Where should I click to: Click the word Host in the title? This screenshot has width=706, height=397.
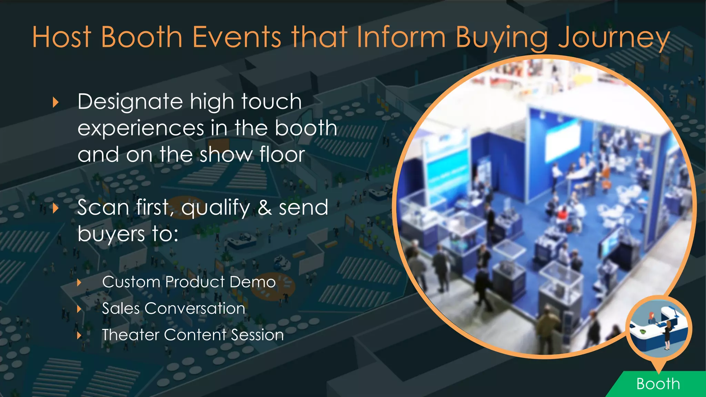click(x=62, y=37)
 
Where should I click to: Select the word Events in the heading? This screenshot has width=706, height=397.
click(x=237, y=37)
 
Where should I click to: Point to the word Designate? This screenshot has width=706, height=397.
click(x=130, y=102)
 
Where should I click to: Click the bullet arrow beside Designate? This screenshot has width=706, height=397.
click(x=56, y=102)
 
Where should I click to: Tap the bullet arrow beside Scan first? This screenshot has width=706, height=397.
click(x=56, y=208)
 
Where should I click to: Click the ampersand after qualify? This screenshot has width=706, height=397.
click(x=265, y=208)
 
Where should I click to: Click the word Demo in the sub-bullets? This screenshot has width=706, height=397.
click(x=253, y=282)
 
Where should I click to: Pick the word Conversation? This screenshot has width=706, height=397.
click(x=195, y=308)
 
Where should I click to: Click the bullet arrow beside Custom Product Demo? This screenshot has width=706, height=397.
click(x=79, y=283)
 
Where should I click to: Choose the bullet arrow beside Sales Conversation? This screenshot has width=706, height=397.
click(x=79, y=309)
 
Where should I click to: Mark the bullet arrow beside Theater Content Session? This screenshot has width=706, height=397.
click(x=79, y=335)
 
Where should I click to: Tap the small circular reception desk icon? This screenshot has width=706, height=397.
click(x=659, y=329)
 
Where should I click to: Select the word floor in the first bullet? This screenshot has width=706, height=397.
click(x=282, y=155)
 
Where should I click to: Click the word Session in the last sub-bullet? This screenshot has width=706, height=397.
click(x=257, y=335)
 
